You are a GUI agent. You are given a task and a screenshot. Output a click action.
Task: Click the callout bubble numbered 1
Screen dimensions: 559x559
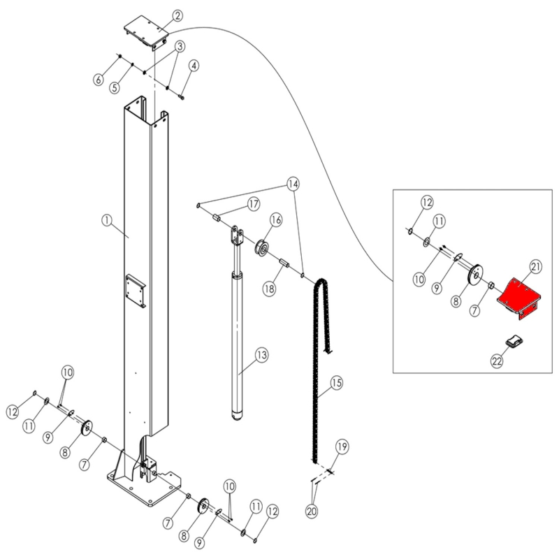coord(107,220)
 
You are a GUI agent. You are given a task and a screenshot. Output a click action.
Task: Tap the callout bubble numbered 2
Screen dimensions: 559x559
coord(177,15)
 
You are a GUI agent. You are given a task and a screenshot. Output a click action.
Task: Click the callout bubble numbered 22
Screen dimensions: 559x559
coord(497,361)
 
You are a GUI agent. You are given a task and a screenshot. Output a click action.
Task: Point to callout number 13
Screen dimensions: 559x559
coord(261,355)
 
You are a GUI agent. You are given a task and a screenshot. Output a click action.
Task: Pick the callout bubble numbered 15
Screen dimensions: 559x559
coord(336,383)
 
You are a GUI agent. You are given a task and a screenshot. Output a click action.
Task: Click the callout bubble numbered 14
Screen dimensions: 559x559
coord(293,184)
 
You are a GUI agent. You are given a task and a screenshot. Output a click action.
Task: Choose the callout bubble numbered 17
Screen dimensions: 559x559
coord(254,204)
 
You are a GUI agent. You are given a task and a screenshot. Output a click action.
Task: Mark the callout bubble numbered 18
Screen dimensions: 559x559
coord(270,288)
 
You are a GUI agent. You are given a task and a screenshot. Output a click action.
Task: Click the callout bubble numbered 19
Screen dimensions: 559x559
coord(342,447)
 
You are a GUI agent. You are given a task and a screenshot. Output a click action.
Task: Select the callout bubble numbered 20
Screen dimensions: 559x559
coord(312,511)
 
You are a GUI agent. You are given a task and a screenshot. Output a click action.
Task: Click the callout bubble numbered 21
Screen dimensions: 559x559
coord(536,267)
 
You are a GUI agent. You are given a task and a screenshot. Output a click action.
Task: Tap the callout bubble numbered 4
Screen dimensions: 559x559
coord(194,66)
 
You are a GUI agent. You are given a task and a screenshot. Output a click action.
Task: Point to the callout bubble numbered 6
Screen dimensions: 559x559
coord(99,79)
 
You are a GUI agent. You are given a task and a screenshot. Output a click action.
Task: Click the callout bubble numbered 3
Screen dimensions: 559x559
coord(180,46)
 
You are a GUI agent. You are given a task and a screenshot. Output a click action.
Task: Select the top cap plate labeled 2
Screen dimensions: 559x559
coord(146,32)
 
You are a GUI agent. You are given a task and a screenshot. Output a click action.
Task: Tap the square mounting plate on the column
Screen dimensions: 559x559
coord(136,291)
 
